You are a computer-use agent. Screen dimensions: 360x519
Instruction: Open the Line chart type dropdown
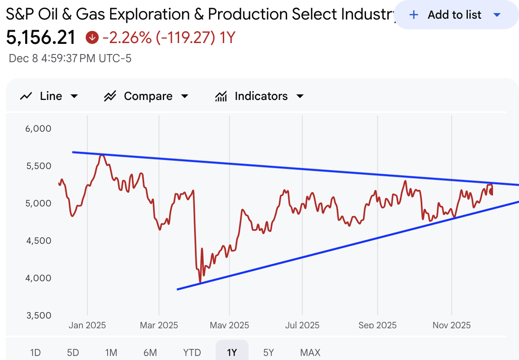coord(49,96)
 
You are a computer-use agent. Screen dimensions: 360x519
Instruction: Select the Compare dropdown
coord(147,96)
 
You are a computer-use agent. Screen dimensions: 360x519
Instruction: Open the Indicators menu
coord(259,96)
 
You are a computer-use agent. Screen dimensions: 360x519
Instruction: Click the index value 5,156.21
coord(41,38)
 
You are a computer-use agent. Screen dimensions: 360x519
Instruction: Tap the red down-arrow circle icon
coord(92,38)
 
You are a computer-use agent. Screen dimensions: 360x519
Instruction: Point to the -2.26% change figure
coord(127,38)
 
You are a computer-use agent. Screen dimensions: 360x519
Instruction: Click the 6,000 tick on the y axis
coord(39,129)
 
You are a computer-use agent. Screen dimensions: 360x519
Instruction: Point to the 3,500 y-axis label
coord(39,316)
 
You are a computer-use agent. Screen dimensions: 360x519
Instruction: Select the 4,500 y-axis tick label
coord(39,241)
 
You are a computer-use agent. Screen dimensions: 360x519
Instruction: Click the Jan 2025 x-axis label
coord(87,325)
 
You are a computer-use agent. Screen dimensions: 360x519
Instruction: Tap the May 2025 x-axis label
coord(229,325)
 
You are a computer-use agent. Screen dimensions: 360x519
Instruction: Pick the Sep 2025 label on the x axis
coord(378,325)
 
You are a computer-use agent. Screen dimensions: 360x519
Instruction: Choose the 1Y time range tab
coord(231,352)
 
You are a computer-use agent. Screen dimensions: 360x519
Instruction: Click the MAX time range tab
coord(310,352)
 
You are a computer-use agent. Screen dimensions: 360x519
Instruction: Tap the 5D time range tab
coord(73,352)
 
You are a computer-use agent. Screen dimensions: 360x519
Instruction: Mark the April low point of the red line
coord(200,282)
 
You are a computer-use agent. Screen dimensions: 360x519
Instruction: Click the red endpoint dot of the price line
coord(492,192)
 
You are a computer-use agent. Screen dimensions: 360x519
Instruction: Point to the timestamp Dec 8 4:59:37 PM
coord(70,59)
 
